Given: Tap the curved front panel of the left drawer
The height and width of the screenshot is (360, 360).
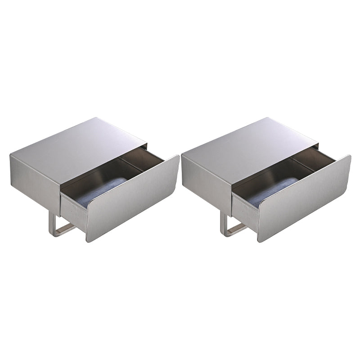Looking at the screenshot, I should click(133, 198).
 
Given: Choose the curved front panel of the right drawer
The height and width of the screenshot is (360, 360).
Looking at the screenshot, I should click(304, 198).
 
